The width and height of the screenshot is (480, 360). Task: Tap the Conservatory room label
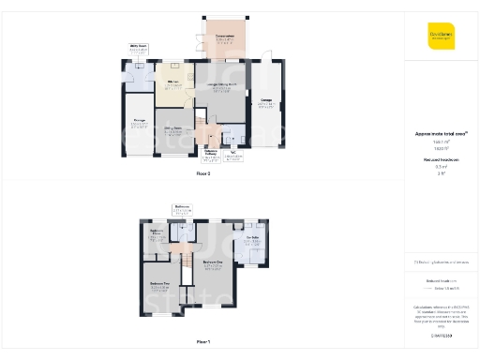click(225, 38)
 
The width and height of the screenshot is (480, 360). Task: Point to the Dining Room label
click(173, 129)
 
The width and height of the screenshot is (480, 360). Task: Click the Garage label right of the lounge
click(266, 102)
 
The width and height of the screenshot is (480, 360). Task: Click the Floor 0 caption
click(203, 174)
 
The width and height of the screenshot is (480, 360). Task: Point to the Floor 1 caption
click(203, 340)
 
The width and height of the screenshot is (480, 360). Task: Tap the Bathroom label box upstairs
click(183, 210)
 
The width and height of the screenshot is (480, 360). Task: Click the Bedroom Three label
click(157, 235)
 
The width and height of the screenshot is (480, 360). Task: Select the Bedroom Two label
click(159, 284)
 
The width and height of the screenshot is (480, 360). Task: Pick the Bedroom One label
click(212, 263)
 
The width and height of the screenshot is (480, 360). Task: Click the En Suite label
click(253, 240)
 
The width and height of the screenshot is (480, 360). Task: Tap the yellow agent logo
click(441, 35)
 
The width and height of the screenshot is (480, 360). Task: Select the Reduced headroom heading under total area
click(441, 161)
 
